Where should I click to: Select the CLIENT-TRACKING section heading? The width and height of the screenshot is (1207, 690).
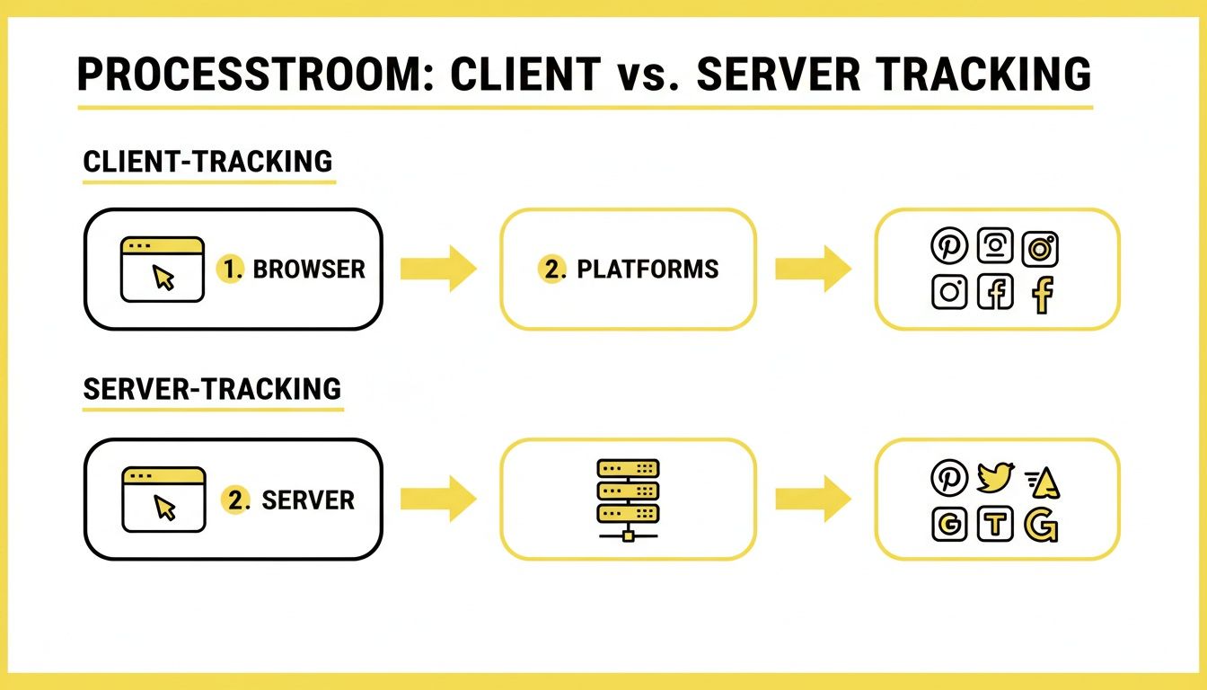tap(207, 162)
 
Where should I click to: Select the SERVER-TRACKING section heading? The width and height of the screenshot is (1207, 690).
tap(212, 389)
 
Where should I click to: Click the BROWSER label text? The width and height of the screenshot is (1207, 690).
tap(309, 270)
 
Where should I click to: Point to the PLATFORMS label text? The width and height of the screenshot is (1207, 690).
tap(648, 270)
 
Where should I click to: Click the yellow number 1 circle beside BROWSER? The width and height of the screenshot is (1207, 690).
tap(232, 270)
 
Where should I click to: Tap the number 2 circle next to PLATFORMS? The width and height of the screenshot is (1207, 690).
tap(551, 270)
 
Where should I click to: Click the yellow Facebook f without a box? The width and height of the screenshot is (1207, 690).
tap(1042, 294)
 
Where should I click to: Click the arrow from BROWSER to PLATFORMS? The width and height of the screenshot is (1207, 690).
tap(438, 269)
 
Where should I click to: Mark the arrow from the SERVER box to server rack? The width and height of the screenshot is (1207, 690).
tap(438, 499)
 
